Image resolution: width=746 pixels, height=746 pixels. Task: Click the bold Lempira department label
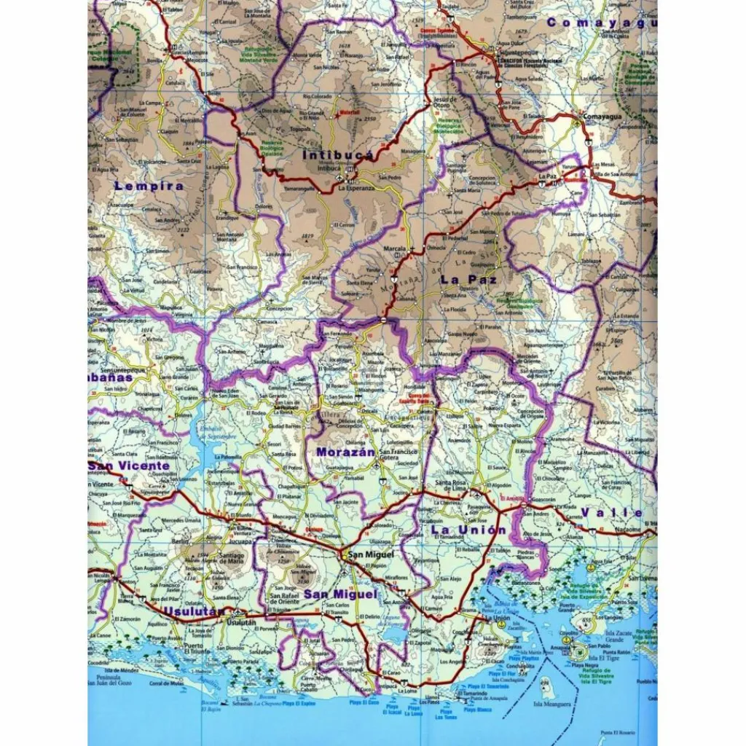click(x=149, y=186)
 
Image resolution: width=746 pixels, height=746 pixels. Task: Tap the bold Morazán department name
click(x=345, y=452)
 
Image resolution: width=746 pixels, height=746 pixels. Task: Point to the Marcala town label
click(x=395, y=248)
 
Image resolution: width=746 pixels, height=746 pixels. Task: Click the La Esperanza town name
click(x=356, y=188)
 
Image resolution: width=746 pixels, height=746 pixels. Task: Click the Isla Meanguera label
click(x=549, y=704)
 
